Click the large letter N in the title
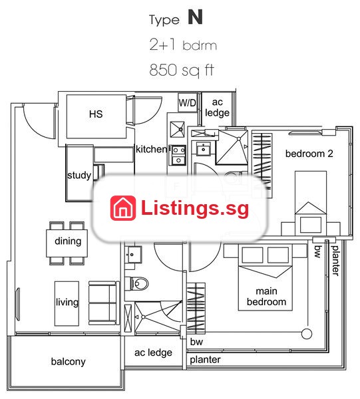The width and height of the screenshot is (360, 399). [195, 17]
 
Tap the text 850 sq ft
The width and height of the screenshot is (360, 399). [182, 70]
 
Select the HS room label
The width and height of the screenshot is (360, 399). [96, 114]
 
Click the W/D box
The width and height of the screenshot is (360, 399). [188, 102]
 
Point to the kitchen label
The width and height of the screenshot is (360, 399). [152, 149]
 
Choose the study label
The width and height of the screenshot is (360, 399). [79, 176]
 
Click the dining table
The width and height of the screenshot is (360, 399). [67, 243]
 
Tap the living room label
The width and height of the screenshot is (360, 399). [67, 303]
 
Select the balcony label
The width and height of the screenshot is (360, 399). [69, 362]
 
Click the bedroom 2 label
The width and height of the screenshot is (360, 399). [309, 154]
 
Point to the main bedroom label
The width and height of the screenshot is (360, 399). [266, 297]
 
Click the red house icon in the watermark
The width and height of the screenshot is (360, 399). [123, 208]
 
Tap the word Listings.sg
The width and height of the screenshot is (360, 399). [195, 207]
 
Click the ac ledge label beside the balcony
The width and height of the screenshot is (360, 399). [153, 352]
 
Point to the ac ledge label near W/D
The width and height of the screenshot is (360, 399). [217, 107]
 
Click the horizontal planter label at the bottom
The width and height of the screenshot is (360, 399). [205, 360]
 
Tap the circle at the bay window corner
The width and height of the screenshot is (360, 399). [307, 334]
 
